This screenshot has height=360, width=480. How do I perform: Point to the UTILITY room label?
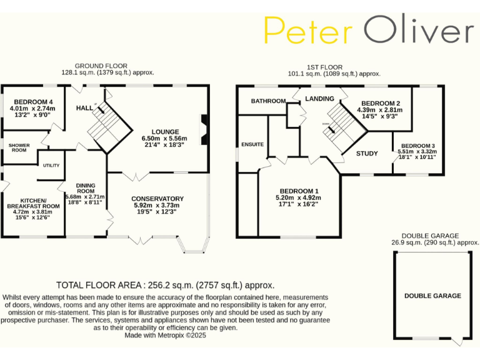51,165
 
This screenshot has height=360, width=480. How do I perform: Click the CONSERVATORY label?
157,199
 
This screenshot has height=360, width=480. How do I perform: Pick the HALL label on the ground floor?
84,108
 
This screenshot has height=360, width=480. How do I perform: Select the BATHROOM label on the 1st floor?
268,101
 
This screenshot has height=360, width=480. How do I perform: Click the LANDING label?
318,98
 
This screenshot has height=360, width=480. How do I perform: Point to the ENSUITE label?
252,144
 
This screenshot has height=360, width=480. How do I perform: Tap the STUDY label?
367,153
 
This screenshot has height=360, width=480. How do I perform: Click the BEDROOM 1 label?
299,191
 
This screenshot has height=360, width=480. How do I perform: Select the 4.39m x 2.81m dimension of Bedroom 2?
379,110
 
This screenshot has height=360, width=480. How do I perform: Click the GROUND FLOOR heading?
101,66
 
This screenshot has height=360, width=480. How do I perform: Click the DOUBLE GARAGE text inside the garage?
432,296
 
